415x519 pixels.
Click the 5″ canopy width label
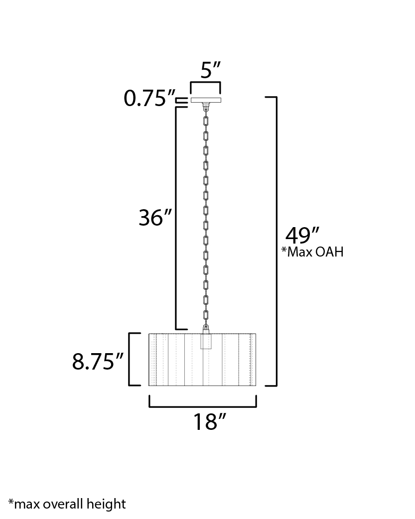(210, 70)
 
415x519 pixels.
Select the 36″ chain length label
(155, 218)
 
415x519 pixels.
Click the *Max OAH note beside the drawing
(312, 252)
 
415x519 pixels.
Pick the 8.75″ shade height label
(98, 361)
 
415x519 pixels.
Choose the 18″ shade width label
(209, 421)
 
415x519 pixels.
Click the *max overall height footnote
(67, 504)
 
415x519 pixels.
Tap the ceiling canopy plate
(206, 100)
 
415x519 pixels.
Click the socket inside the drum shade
(206, 341)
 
